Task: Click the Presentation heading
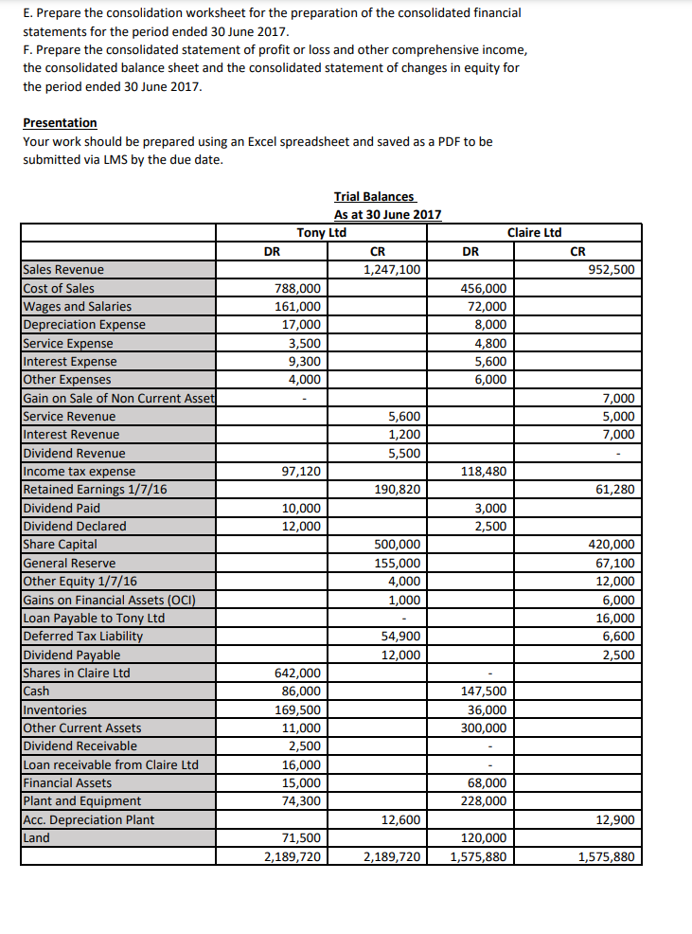[60, 123]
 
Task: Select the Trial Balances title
[374, 196]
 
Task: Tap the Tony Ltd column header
[321, 232]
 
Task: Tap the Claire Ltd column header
[534, 232]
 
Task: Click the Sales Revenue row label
[63, 270]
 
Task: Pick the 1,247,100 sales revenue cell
[392, 270]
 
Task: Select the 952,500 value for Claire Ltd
[611, 270]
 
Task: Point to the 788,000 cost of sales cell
[297, 288]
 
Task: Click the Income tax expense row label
[79, 472]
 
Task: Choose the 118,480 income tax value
[483, 472]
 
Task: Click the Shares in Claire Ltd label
[77, 674]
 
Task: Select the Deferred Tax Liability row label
[82, 637]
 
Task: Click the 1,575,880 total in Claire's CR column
[606, 857]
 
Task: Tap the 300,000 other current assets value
[483, 728]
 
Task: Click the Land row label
[36, 838]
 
